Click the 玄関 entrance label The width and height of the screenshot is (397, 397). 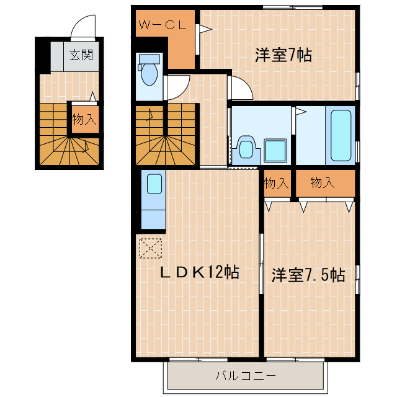coord(81,55)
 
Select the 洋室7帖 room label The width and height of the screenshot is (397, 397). coord(283,55)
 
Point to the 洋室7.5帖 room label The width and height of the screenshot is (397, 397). coord(308,275)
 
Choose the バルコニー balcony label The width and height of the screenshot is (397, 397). coord(244,375)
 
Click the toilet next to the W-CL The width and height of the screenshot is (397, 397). coord(149,71)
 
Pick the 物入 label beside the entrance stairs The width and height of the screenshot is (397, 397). coord(84,120)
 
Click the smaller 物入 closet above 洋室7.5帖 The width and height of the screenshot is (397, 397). coord(276,184)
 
